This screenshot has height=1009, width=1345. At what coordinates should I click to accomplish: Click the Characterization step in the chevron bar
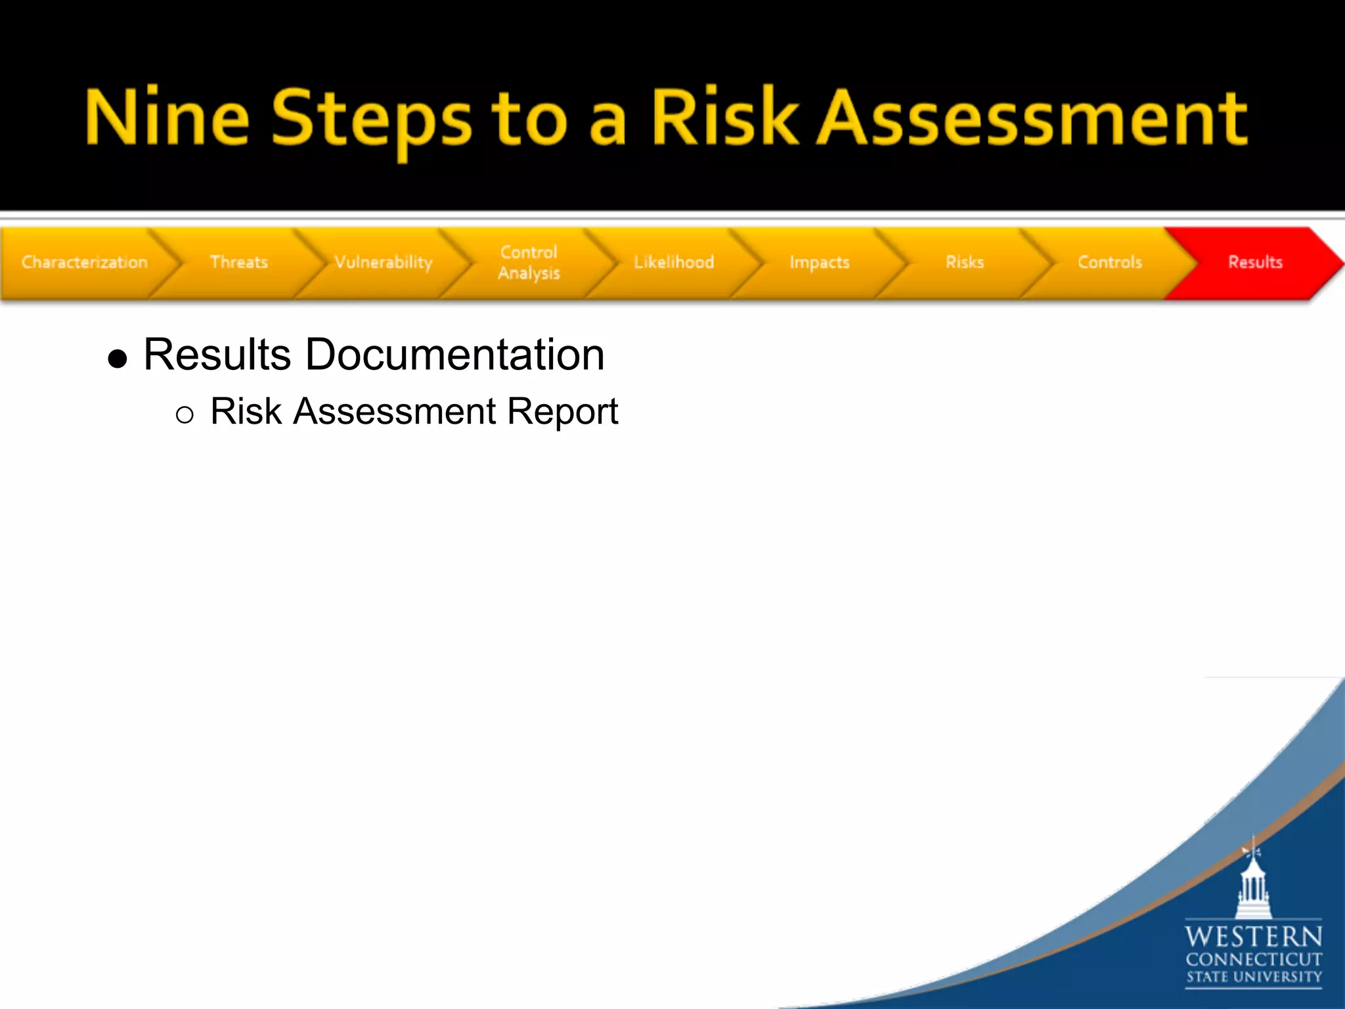(84, 262)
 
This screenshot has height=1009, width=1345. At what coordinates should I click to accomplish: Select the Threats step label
(239, 262)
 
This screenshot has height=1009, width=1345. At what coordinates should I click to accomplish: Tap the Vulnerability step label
(384, 262)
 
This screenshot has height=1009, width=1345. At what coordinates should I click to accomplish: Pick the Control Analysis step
(529, 262)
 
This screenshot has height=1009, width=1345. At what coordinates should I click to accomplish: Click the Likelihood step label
(674, 262)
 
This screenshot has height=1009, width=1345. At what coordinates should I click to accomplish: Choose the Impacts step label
(820, 262)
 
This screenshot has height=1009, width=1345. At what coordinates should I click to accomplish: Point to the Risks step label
(965, 262)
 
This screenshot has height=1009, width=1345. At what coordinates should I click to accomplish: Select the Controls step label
(1110, 262)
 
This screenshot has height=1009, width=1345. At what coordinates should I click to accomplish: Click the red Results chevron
(1255, 262)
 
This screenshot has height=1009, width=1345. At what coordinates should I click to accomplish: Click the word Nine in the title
(167, 118)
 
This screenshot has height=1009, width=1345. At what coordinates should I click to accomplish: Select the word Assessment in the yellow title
(1031, 118)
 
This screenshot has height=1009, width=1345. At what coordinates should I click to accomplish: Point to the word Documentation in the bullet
(454, 355)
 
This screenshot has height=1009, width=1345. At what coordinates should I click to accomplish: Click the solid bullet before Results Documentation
(118, 359)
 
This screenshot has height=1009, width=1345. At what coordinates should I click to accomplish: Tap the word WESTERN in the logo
(1253, 936)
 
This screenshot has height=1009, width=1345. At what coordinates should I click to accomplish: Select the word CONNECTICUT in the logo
(1253, 960)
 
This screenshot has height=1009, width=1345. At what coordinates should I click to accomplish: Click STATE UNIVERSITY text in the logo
(1253, 977)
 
